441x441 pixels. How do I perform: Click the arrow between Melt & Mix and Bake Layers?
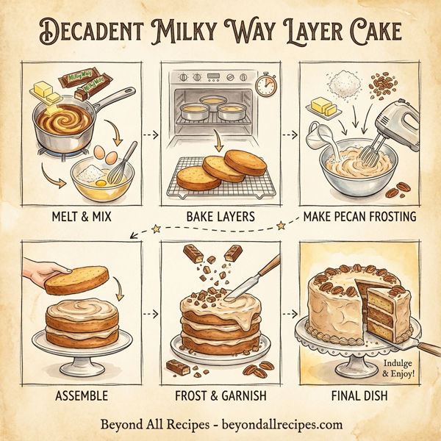151,135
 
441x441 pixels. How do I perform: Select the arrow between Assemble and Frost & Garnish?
151,315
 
